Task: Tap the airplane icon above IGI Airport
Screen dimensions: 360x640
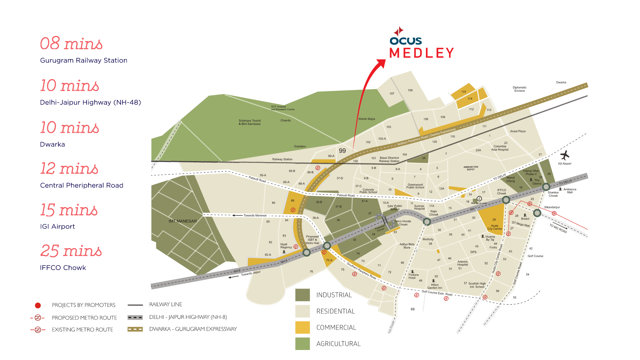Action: coord(565,155)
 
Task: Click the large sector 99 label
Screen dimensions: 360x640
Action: coord(342,151)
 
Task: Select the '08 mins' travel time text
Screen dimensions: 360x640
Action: coord(71,43)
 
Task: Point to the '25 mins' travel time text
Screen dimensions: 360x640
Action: coord(71,251)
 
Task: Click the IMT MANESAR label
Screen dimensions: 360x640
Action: coord(183,221)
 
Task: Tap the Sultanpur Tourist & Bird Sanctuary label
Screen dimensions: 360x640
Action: coord(250,122)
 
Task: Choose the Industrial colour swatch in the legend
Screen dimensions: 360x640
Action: coord(303,295)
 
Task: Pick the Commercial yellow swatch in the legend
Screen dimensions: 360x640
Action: coord(303,327)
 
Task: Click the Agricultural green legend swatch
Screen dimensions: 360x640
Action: coord(303,344)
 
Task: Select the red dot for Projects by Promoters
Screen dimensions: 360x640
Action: coord(38,305)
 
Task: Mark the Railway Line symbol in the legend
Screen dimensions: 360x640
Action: coord(135,305)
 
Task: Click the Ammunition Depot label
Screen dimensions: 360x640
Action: coord(471,168)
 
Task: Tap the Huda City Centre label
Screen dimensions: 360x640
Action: coord(494,227)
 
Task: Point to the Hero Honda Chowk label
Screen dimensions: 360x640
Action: coord(403,223)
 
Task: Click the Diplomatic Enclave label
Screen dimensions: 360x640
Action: coord(519,89)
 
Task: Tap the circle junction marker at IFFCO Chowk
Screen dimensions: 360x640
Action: coord(506,200)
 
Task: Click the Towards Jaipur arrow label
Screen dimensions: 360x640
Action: coord(250,273)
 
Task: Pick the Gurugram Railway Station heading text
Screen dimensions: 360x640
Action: coord(84,60)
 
